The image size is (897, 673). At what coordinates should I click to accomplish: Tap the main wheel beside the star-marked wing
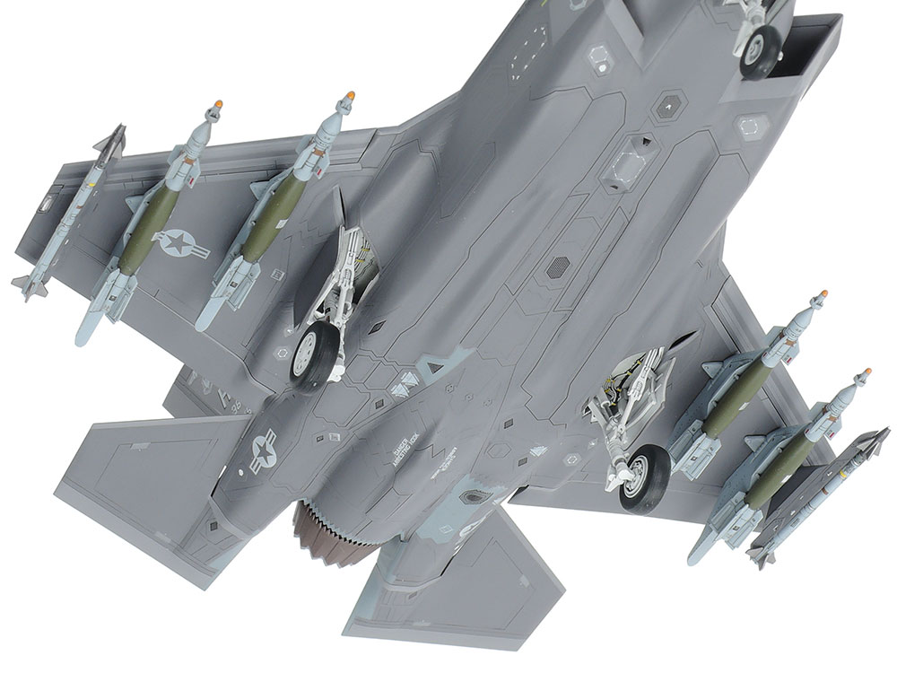pos(309,356)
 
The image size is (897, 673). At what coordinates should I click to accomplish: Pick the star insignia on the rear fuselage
pos(262,450)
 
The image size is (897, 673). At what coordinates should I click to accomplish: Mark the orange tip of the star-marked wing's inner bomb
pos(351,94)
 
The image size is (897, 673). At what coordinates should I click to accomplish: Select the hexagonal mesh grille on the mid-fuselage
pos(558,266)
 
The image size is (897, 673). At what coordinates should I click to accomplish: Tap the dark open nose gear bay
pos(807,45)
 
